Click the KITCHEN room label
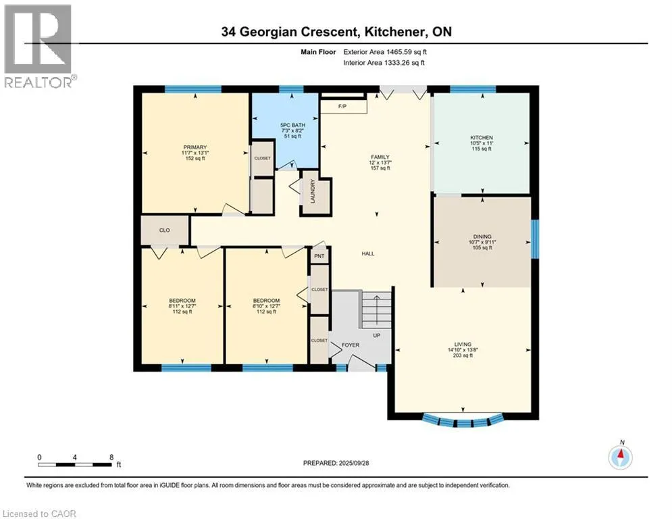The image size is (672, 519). tap(482, 138)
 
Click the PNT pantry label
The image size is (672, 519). tap(319, 256)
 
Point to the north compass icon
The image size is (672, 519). tap(621, 456)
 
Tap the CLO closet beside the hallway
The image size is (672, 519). tap(165, 230)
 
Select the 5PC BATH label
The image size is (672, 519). tap(292, 125)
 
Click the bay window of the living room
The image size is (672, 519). tap(463, 421)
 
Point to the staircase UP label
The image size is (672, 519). tap(376, 335)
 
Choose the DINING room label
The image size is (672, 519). tap(482, 237)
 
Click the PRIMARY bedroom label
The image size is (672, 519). tap(195, 147)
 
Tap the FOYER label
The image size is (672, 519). tap(350, 345)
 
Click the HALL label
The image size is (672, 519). tap(367, 253)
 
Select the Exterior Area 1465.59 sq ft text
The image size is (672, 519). tap(385, 52)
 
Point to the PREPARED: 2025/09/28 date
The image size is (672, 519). tap(336, 463)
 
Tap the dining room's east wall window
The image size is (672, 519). tap(535, 239)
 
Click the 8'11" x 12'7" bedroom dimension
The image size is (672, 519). tap(182, 306)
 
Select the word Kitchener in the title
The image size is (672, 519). tap(394, 32)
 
